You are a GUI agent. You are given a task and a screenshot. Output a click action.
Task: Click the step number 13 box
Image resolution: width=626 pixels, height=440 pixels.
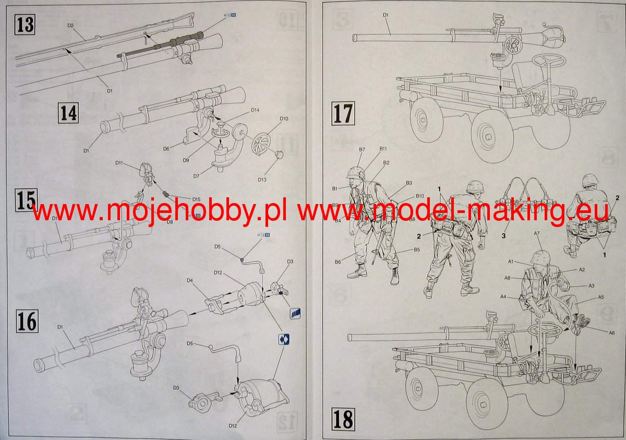click(25, 24)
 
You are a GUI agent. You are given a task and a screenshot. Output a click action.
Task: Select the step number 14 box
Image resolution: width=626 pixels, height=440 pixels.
click(68, 113)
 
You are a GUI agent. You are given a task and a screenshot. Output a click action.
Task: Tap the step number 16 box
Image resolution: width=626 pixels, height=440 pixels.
click(27, 322)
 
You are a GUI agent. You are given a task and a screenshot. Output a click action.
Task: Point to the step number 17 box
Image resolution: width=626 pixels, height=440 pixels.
click(342, 113)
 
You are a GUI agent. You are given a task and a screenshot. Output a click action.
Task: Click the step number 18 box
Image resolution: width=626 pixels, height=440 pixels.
click(342, 419)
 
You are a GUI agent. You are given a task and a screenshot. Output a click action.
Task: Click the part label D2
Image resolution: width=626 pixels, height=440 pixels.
click(70, 25)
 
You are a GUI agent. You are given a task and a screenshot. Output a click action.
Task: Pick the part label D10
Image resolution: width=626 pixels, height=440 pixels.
click(284, 119)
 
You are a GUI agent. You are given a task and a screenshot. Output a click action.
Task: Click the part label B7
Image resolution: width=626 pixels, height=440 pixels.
click(362, 149)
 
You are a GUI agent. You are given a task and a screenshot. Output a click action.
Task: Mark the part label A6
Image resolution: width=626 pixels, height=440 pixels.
click(611, 332)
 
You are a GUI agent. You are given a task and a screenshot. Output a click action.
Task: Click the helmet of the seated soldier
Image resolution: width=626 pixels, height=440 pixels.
click(590, 180)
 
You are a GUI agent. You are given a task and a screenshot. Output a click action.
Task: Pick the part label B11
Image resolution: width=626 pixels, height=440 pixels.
click(382, 149)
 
